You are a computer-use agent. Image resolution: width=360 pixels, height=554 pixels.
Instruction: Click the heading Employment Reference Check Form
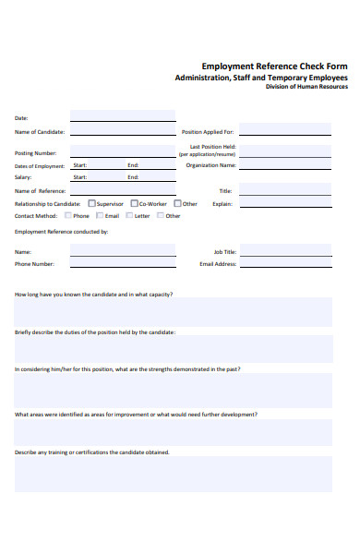point(274,66)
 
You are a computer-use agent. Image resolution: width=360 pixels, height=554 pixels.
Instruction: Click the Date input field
point(122,116)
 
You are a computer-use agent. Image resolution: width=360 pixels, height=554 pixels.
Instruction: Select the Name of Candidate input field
point(122,131)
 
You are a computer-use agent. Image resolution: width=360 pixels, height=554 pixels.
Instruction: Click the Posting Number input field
point(122,152)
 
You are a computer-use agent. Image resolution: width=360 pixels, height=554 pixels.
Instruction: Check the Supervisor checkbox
point(90,203)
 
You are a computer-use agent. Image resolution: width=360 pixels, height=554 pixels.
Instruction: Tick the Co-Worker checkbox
point(134,203)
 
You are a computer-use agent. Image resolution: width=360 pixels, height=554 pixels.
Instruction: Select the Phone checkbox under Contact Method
point(68,215)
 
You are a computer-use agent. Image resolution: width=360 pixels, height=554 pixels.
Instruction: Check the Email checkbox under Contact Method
point(100,215)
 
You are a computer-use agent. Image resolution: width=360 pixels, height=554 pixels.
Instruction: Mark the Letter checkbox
point(128,215)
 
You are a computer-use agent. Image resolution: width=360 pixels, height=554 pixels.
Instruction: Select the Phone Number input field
point(122,263)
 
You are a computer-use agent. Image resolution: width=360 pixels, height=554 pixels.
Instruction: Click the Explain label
point(222,203)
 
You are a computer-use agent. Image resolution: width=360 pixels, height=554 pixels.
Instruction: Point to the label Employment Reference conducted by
point(61,232)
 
